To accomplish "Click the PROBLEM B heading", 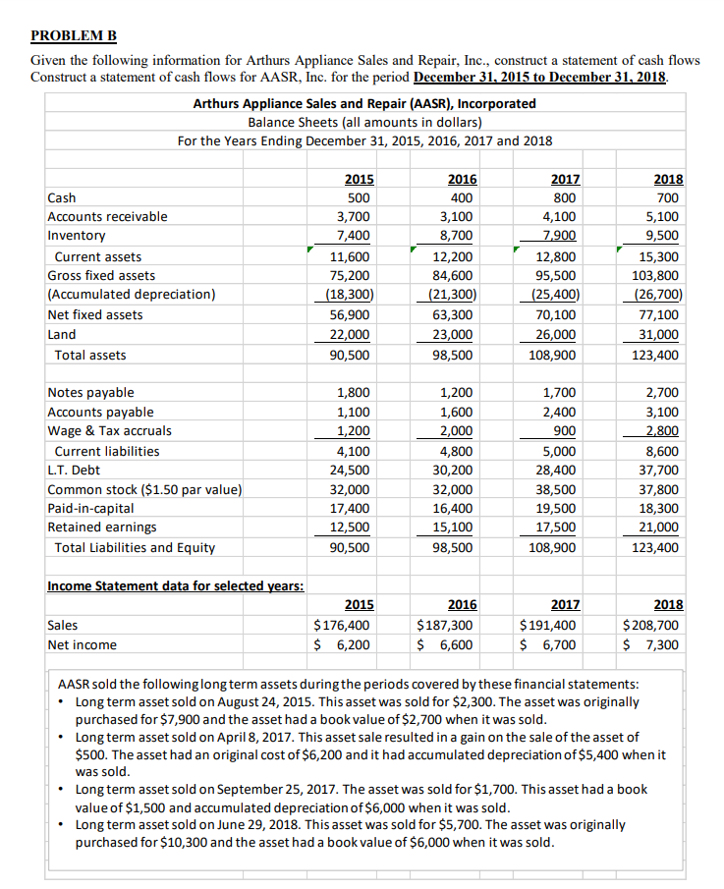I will click(74, 36).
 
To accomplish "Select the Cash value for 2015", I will click(359, 197).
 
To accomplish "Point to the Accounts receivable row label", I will click(107, 216).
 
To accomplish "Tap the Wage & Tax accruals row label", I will click(109, 430).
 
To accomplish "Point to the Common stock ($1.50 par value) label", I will click(145, 489).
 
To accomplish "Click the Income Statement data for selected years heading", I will click(175, 586).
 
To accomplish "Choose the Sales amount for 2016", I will click(445, 625).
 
